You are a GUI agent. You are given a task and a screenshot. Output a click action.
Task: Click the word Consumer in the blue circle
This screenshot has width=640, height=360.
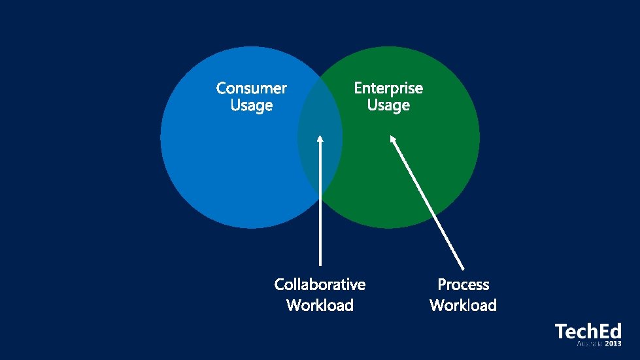252,88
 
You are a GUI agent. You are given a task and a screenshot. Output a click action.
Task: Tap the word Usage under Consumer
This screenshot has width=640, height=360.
252,105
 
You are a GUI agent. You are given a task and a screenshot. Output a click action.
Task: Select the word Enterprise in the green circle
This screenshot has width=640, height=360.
388,88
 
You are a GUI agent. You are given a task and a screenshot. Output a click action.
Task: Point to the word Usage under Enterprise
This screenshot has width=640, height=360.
388,105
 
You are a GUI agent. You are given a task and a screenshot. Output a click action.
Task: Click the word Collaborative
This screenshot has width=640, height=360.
320,285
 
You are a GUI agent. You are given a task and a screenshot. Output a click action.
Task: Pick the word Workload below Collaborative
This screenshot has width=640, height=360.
320,305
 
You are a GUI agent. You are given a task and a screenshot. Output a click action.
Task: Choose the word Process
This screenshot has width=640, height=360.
463,285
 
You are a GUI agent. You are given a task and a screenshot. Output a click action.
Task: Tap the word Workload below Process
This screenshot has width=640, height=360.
463,305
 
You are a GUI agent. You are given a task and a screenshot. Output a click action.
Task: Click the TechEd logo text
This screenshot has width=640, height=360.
588,331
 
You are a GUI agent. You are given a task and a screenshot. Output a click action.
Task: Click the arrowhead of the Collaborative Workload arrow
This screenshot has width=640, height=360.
320,139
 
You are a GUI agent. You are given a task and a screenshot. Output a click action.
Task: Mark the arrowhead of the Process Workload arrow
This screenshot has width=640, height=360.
393,139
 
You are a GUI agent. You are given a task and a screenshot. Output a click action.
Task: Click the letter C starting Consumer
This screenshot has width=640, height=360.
222,88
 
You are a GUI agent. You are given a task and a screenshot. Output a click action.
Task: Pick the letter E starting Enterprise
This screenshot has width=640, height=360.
358,88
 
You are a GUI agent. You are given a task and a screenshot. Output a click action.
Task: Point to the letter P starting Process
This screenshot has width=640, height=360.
442,285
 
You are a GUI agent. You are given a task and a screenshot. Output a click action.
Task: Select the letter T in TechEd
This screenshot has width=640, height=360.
560,331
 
